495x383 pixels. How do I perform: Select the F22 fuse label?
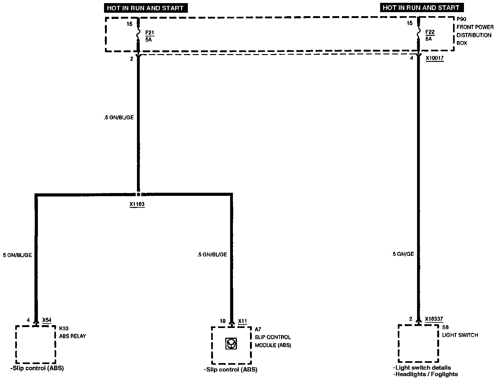coord(430,32)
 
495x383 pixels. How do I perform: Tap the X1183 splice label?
coord(137,205)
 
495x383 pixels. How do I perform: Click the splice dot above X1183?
coord(139,194)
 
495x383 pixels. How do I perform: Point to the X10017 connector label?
coord(435,58)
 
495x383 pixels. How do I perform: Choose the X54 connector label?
coord(47,320)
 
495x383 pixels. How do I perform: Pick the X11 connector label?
coord(243,321)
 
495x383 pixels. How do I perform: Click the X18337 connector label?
coord(434,319)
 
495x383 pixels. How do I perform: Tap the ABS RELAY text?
coord(72,336)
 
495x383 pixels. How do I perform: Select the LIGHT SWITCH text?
coord(460,335)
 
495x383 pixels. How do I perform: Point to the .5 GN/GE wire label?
coord(403,254)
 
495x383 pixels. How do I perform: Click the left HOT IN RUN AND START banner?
coord(145,8)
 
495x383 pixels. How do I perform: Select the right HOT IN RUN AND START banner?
coord(421,7)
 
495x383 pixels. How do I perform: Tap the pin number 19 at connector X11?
coord(222,321)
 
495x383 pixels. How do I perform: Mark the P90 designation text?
coord(461,19)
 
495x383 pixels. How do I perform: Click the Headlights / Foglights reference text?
coord(425,374)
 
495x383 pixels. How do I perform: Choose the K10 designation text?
coord(64,328)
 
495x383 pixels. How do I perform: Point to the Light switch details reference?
coord(422,368)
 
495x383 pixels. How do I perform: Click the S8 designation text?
coord(445,327)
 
